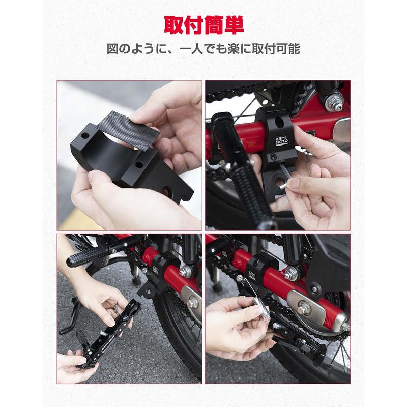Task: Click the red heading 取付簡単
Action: pyautogui.click(x=204, y=25)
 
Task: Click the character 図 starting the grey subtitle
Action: pyautogui.click(x=112, y=49)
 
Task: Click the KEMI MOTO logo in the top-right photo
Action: pyautogui.click(x=281, y=142)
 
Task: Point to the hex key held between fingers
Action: pyautogui.click(x=283, y=177)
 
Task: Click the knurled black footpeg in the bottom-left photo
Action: pyautogui.click(x=88, y=255)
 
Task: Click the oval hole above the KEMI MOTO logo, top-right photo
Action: pyautogui.click(x=279, y=122)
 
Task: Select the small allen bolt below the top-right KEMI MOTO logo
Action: pyautogui.click(x=272, y=156)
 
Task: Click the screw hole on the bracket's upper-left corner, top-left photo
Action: pyautogui.click(x=85, y=135)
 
